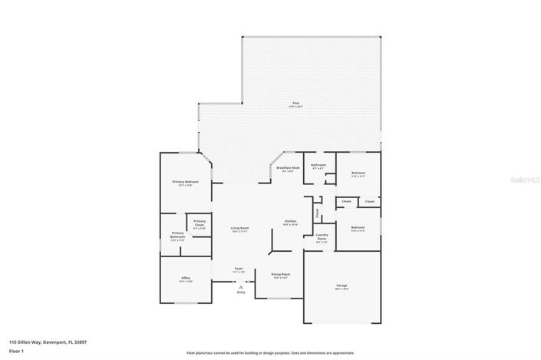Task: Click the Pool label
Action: pos(295,104)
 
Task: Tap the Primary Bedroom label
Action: pos(185,181)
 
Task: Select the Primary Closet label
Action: pos(200,223)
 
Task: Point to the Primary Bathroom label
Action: pos(177,234)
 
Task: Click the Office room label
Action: pos(186,278)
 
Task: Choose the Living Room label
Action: pos(240,228)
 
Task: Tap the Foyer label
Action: pos(239,269)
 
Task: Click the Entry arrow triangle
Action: pos(241,286)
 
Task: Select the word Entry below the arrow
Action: pos(241,292)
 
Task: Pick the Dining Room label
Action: pos(280,274)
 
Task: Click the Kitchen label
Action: pos(291,221)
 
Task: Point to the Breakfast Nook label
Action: pos(288,167)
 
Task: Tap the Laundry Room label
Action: pos(322,238)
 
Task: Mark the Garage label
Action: pos(341,286)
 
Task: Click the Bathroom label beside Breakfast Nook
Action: pos(318,165)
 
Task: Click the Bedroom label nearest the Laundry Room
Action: pos(358,227)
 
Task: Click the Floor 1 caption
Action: pos(16,351)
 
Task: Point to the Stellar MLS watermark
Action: pos(522,179)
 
